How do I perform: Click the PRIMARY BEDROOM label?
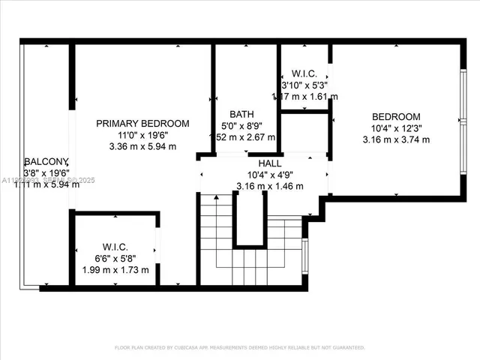tap(142, 123)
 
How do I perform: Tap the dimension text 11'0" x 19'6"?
tap(142, 135)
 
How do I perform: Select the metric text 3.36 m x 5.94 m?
tap(142, 147)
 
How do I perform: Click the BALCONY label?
tap(46, 162)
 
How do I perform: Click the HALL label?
tap(270, 163)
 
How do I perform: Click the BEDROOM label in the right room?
tap(396, 116)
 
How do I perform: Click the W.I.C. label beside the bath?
tap(303, 73)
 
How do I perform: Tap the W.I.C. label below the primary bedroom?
tap(115, 247)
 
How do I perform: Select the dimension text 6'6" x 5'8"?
tap(115, 258)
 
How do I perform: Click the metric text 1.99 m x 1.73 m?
tap(115, 269)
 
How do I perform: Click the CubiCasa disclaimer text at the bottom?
tap(240, 347)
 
